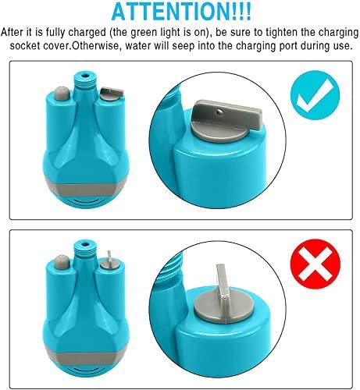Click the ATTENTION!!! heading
click(x=181, y=12)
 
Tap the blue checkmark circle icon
click(x=315, y=95)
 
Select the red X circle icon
click(x=315, y=264)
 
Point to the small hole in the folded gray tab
click(x=220, y=112)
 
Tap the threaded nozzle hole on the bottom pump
click(x=84, y=244)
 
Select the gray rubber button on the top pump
click(x=62, y=94)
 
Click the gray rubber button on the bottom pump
click(x=62, y=262)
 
